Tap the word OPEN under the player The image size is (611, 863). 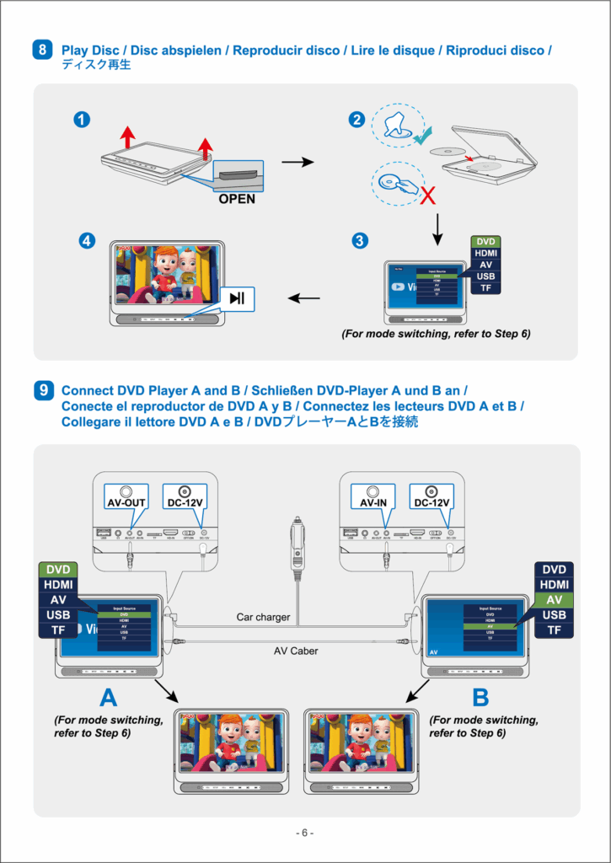[x=237, y=200]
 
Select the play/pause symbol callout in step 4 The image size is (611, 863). [x=238, y=297]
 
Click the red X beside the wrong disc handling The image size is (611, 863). [x=428, y=196]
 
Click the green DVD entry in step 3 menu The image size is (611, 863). [x=485, y=241]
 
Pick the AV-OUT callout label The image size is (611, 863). [x=126, y=502]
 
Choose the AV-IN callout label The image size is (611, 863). [x=373, y=502]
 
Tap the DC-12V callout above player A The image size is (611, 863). [x=184, y=502]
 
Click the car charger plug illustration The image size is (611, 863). [x=296, y=547]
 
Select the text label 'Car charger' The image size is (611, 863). [x=263, y=618]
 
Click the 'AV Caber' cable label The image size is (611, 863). [x=296, y=651]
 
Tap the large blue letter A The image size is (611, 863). [x=108, y=699]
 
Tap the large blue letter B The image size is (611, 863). [x=480, y=699]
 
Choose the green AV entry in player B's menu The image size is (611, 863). [x=554, y=600]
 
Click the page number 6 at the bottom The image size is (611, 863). [x=305, y=833]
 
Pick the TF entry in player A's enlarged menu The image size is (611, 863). [x=57, y=630]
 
